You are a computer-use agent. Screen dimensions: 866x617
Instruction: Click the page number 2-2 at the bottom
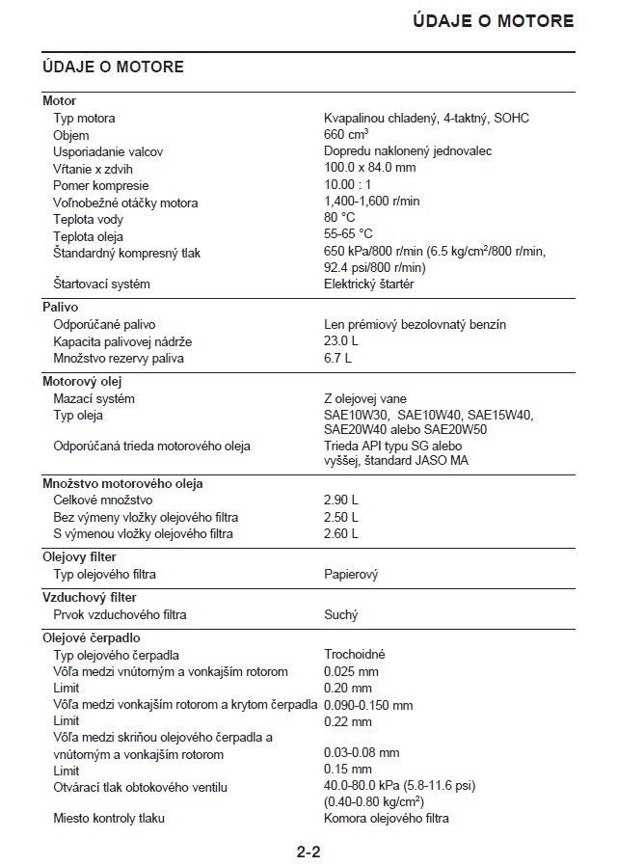click(x=308, y=852)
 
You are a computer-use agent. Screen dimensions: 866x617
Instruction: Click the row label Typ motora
click(x=84, y=119)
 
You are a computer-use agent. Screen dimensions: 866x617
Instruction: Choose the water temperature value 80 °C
click(x=339, y=219)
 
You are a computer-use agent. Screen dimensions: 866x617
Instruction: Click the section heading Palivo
click(x=60, y=308)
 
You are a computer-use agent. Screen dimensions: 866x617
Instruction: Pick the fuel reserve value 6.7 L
click(x=337, y=359)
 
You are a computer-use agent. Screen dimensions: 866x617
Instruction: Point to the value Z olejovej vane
click(x=364, y=399)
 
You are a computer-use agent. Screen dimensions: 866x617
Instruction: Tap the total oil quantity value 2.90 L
click(x=340, y=501)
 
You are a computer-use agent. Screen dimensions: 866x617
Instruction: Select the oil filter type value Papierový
click(x=351, y=575)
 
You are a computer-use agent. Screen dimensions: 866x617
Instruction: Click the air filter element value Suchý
click(x=340, y=615)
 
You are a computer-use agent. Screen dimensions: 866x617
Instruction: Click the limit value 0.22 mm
click(x=347, y=721)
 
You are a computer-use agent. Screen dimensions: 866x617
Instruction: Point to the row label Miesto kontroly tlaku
click(x=109, y=819)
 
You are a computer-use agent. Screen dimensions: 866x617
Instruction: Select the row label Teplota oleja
click(x=88, y=236)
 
